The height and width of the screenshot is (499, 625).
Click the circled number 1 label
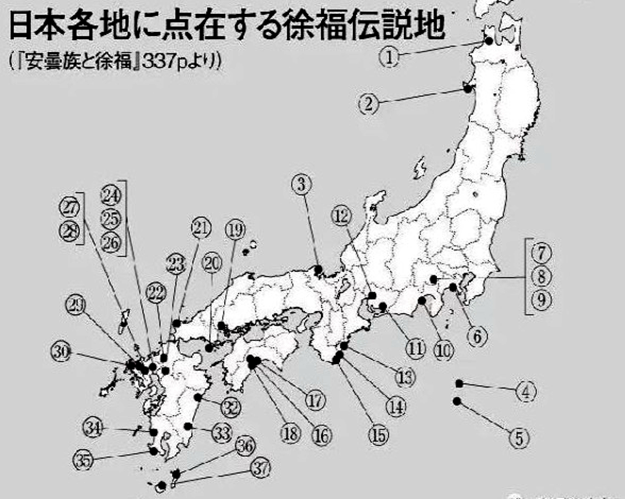coord(389,58)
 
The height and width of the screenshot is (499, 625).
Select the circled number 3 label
coord(301,185)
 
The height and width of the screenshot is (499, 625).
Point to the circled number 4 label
coord(526,392)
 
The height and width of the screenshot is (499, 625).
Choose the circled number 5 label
coord(519,438)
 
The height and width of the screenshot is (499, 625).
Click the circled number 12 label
coord(341,216)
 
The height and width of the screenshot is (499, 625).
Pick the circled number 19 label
coord(235,230)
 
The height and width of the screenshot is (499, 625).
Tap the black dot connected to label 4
coord(459,384)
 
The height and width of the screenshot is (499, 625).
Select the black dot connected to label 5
coord(457,401)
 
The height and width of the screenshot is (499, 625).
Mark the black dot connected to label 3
coord(318,269)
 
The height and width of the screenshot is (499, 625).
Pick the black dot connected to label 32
coord(198,397)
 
